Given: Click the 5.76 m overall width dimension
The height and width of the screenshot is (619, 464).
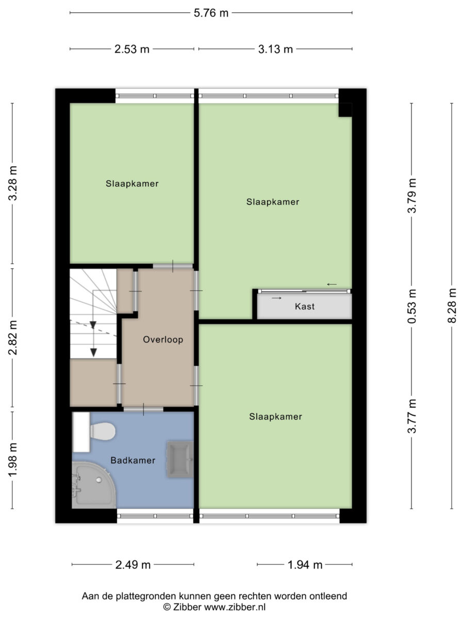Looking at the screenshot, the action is (211, 13).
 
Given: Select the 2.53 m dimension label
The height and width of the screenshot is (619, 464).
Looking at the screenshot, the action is (131, 49).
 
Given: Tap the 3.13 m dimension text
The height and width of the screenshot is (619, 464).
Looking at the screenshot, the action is (275, 49).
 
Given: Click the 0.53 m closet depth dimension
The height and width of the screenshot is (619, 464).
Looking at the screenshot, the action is (411, 306).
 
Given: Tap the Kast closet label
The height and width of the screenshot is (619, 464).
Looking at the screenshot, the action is (305, 306).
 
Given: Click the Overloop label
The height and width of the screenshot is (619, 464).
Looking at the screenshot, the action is (163, 339).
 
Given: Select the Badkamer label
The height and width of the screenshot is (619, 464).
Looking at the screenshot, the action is (132, 460).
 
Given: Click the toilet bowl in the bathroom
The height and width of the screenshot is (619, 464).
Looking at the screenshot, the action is (103, 431).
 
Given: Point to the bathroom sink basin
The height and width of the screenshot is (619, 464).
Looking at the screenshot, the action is (180, 460).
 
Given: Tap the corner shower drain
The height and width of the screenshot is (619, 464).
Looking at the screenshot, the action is (98, 480).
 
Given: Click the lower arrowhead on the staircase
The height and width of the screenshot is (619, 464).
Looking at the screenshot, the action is (93, 352).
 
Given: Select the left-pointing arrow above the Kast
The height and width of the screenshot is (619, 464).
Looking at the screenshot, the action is (332, 284).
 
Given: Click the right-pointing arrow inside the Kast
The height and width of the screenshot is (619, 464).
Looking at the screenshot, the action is (277, 298).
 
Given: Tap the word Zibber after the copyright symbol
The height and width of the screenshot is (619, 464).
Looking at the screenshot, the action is (187, 607).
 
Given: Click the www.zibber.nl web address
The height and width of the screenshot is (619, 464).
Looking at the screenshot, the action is (235, 607).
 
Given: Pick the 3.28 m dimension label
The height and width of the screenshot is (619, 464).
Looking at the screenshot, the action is (12, 183).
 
